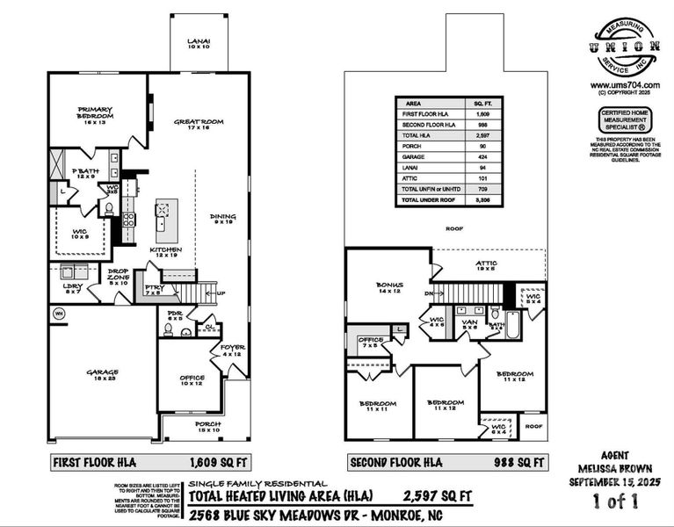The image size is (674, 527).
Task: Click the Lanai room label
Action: click(x=199, y=44)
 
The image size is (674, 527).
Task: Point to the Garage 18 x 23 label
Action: click(x=102, y=375)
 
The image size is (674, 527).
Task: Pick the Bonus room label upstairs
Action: click(x=388, y=287)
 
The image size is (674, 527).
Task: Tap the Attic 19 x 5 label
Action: click(x=486, y=265)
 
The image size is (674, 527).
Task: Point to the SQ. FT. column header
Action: click(x=483, y=103)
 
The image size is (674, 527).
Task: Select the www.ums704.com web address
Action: click(x=626, y=84)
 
